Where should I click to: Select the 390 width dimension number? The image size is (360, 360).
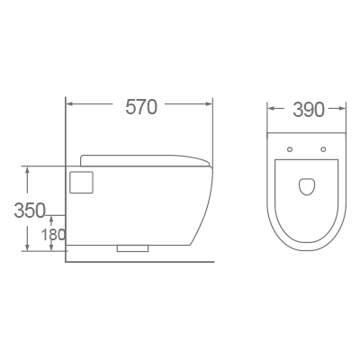[308, 111]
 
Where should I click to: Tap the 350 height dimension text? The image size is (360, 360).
[30, 211]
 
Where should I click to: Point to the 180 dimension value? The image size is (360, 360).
[53, 235]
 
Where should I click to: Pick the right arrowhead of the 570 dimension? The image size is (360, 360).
[211, 106]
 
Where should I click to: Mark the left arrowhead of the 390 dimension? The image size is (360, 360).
[271, 111]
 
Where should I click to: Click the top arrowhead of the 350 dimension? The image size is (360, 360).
[28, 169]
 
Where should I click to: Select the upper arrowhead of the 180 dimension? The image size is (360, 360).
[52, 219]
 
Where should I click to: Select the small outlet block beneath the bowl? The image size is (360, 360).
[134, 247]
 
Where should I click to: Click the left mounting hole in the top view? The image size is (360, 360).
[290, 148]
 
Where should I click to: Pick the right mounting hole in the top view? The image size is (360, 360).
[323, 148]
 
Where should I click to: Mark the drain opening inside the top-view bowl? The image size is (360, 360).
[307, 185]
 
